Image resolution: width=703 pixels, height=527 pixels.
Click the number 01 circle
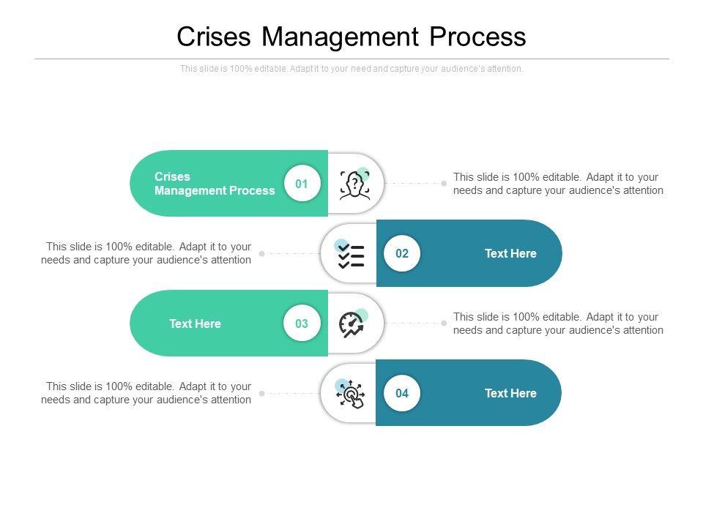pos(302,183)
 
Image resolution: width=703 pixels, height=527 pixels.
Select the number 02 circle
pos(402,253)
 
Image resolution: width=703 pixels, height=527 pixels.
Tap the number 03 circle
pos(302,323)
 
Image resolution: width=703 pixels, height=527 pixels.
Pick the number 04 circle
pos(402,393)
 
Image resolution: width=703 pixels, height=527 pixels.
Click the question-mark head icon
pos(354,184)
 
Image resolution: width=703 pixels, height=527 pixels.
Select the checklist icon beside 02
pos(350,254)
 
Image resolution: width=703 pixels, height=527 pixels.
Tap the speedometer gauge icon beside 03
pos(353,324)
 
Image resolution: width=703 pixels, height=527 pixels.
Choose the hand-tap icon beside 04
pos(350,394)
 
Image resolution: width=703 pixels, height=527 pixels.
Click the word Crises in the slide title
pos(213,37)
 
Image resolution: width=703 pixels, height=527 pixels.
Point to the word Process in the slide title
pos(477,37)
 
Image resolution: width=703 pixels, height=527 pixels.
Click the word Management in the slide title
pos(340,37)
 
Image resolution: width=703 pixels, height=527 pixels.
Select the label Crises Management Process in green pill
pos(215,183)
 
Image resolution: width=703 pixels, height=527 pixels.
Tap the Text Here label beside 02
pos(510,253)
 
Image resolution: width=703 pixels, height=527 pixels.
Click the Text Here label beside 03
pos(195,324)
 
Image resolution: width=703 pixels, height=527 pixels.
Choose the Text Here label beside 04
pos(510,393)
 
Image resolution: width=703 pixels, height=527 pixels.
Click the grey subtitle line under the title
pos(351,69)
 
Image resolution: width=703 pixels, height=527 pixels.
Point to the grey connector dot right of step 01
pos(444,183)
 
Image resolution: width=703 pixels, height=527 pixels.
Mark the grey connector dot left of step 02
pos(262,254)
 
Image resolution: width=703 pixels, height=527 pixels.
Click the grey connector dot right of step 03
pos(444,323)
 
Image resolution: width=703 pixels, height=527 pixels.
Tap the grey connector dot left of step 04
pos(262,394)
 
